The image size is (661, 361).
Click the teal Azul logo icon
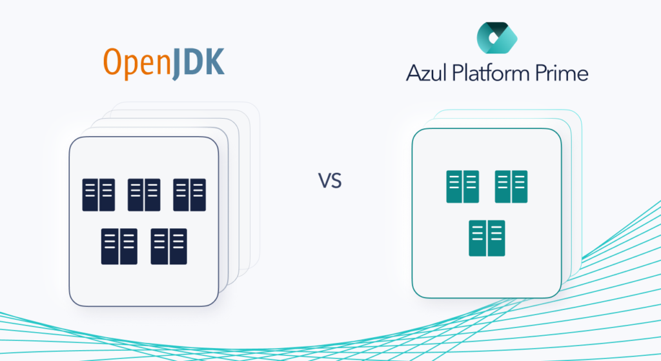[497, 37]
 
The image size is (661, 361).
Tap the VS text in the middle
[329, 180]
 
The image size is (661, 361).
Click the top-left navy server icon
[98, 195]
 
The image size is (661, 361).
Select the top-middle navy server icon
[144, 195]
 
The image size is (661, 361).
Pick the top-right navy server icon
[189, 195]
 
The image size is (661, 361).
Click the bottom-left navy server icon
[119, 246]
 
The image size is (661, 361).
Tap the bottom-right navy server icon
[168, 246]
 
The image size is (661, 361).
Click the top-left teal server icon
[462, 186]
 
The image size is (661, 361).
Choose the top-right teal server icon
[511, 186]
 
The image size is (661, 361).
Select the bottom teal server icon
[487, 238]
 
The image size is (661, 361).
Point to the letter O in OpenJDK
[112, 62]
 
